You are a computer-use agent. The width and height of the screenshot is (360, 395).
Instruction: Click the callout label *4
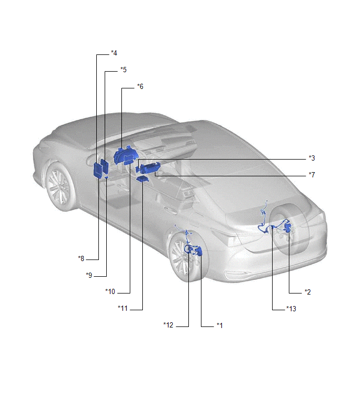click(x=114, y=53)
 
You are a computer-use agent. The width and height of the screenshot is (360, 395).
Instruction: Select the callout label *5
click(x=123, y=70)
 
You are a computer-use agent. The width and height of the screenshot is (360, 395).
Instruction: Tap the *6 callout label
click(x=140, y=86)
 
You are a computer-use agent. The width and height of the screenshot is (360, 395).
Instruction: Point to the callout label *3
click(x=312, y=158)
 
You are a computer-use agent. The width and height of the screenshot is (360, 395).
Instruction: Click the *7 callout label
click(x=312, y=175)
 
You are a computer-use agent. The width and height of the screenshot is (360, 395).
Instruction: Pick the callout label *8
click(x=81, y=258)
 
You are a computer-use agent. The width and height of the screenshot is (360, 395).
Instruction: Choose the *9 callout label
click(x=89, y=275)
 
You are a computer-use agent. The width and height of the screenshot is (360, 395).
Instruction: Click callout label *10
click(x=110, y=291)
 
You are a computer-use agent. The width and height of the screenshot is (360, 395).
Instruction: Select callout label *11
click(x=122, y=308)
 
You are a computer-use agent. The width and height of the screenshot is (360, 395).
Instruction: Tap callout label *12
click(x=168, y=325)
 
